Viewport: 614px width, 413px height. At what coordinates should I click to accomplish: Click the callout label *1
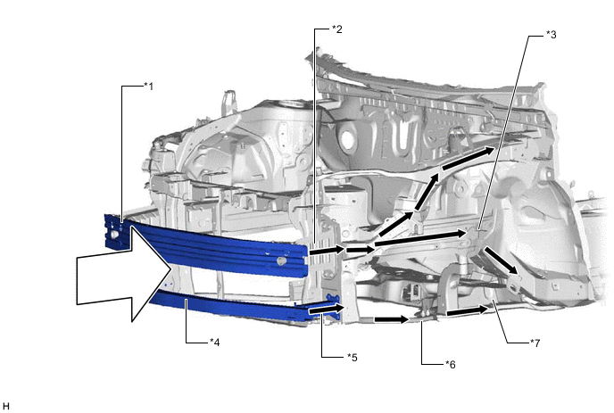point(148,87)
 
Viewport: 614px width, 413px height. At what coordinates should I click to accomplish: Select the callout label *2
point(336,29)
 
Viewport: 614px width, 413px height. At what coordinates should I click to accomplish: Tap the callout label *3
point(551,35)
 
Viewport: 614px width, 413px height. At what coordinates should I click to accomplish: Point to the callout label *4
point(214,343)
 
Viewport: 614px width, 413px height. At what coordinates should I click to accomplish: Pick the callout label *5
point(352,358)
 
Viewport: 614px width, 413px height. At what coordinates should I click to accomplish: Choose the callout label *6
point(451,365)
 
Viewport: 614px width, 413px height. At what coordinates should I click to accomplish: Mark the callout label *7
point(535,343)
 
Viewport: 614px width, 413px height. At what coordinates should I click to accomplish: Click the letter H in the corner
point(5,407)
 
